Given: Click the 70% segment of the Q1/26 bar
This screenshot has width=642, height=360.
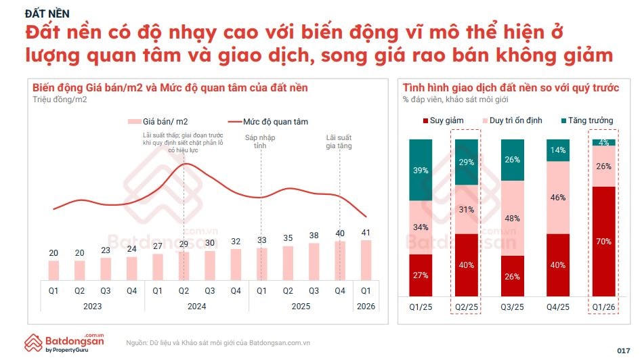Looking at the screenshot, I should pyautogui.click(x=605, y=240).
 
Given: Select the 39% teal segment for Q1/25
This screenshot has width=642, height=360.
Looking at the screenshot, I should pyautogui.click(x=421, y=171).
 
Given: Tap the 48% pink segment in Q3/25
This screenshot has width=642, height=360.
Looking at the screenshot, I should pyautogui.click(x=513, y=218).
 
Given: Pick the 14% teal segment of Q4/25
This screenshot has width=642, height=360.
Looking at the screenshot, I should pyautogui.click(x=559, y=150).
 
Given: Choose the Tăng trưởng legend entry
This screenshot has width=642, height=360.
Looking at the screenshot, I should pyautogui.click(x=587, y=120).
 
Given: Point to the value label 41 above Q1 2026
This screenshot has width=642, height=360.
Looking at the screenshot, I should pyautogui.click(x=366, y=232).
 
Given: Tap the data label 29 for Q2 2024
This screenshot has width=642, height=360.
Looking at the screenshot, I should pyautogui.click(x=183, y=244).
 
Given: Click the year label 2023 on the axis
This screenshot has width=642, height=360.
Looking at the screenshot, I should pyautogui.click(x=93, y=305).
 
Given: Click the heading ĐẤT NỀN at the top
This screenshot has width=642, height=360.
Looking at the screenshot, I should pyautogui.click(x=47, y=13).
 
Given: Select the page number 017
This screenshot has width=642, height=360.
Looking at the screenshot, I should pyautogui.click(x=624, y=350).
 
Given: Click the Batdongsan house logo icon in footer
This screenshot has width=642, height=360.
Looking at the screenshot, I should pyautogui.click(x=33, y=342).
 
